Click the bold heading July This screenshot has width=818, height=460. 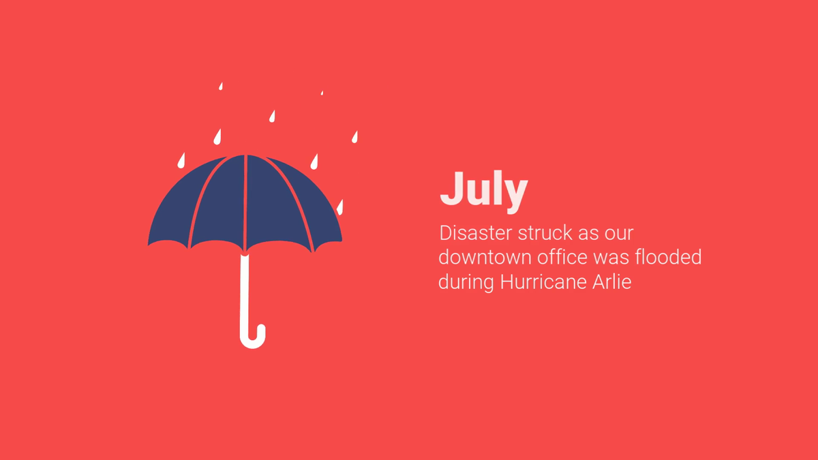(484, 191)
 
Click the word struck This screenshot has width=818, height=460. (545, 233)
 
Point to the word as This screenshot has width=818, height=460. (588, 234)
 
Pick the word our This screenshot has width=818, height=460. (619, 234)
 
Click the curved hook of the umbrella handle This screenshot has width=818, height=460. (253, 341)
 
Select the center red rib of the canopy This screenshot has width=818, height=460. (245, 203)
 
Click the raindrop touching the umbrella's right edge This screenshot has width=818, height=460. (339, 207)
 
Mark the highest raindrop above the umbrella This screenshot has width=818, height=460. (221, 86)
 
